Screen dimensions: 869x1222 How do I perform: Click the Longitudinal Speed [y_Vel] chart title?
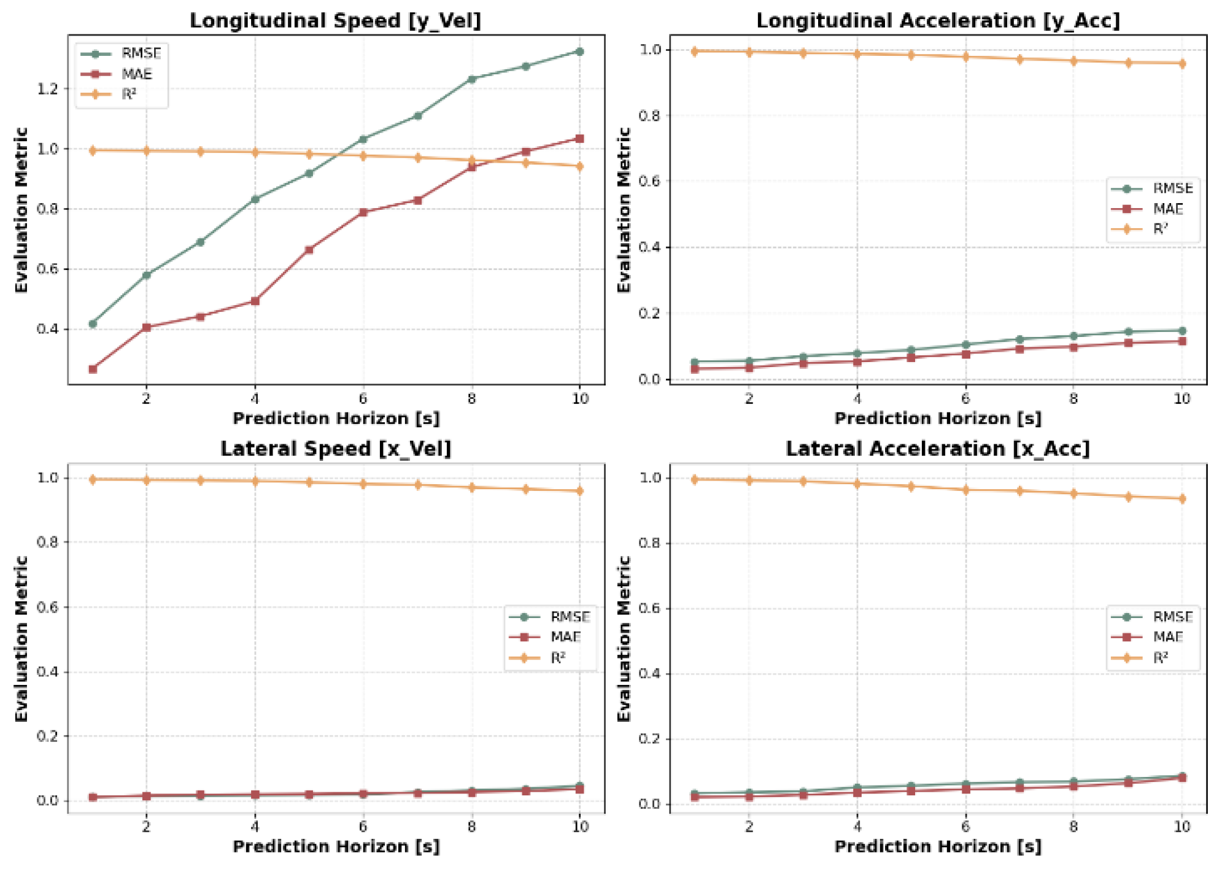coord(335,20)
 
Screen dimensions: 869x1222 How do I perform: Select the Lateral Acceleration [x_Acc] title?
coord(937,449)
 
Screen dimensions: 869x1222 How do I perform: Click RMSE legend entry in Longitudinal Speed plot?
coord(141,53)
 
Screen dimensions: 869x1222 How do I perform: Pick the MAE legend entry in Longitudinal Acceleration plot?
coord(1167,209)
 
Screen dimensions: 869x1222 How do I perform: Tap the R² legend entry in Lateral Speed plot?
coord(557,658)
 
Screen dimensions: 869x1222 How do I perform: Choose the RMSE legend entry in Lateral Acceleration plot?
coord(1172,617)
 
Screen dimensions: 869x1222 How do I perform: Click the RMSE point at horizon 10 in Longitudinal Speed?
coord(579,52)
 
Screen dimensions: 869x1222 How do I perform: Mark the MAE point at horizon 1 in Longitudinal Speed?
coord(93,369)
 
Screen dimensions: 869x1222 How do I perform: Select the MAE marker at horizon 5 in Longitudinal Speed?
coord(309,250)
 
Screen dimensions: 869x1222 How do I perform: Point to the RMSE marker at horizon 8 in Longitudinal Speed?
coord(471,79)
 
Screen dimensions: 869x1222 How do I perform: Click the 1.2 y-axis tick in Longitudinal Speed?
coord(47,89)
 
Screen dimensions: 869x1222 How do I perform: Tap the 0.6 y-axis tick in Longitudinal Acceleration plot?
coord(650,181)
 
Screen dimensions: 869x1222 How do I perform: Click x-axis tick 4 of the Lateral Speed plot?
coord(255,827)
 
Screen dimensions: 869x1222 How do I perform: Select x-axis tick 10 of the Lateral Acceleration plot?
coord(1181,827)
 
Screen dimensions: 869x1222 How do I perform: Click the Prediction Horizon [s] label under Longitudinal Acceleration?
coord(937,419)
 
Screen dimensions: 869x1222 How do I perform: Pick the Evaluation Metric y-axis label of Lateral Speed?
coord(21,638)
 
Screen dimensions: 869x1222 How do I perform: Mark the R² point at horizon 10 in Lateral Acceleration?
coord(1182,498)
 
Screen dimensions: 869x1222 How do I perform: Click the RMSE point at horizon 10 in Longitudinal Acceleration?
coord(1182,331)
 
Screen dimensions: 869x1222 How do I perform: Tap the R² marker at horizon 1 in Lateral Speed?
coord(93,479)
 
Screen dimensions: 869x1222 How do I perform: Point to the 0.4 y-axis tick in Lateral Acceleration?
coord(650,674)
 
